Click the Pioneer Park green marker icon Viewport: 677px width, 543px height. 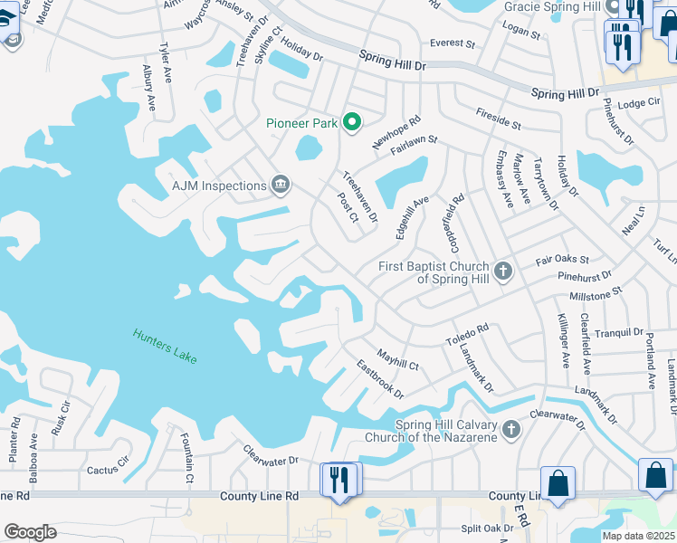click(x=353, y=124)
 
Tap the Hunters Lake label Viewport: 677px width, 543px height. click(x=165, y=346)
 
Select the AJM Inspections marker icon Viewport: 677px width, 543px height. click(x=281, y=186)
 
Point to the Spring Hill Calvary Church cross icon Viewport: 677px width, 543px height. click(x=511, y=428)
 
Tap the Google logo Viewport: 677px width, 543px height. click(x=30, y=532)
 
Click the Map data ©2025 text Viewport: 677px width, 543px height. click(x=638, y=535)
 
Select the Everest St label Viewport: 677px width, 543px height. click(x=453, y=43)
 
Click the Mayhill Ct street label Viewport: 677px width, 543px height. click(x=397, y=359)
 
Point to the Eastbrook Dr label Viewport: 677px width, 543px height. click(x=380, y=379)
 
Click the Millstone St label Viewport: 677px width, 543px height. click(x=596, y=294)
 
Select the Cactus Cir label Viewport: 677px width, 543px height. click(x=109, y=471)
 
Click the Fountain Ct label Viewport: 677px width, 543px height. click(x=188, y=457)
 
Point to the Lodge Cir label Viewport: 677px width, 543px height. click(x=639, y=103)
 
